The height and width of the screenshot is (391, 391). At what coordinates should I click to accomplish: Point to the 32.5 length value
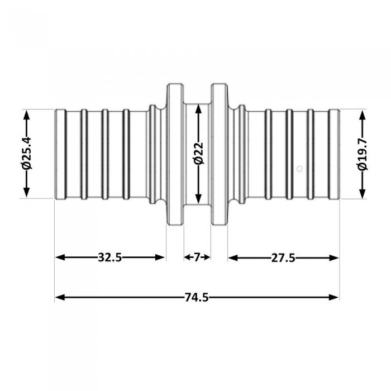click(110, 258)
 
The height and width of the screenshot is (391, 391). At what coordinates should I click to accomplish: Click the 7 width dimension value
click(197, 258)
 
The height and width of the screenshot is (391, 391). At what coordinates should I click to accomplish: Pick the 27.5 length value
click(283, 258)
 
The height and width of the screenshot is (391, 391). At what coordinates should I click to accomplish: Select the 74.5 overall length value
click(197, 298)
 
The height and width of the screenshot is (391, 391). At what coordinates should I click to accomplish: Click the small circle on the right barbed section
click(299, 168)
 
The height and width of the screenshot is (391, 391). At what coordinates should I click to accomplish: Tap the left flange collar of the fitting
click(175, 154)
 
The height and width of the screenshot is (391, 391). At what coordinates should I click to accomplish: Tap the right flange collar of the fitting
click(219, 154)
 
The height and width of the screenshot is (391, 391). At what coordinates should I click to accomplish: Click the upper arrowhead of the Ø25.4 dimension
click(26, 114)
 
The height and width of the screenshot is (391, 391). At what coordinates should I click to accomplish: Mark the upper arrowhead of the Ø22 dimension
click(198, 107)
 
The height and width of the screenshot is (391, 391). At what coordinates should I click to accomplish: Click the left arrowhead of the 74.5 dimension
click(59, 298)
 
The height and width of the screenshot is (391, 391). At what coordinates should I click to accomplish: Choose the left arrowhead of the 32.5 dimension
click(59, 258)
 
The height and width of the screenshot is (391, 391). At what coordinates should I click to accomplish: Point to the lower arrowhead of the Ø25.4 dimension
click(26, 194)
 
